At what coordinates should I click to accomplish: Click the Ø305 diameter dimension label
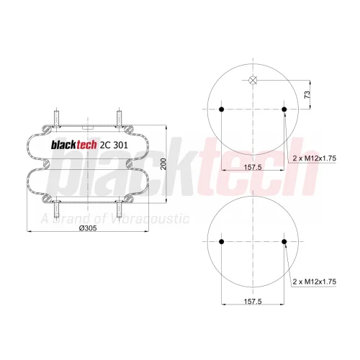pos(88,228)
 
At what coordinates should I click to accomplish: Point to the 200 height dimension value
pos(163,164)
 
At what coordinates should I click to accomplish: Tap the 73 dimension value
pos(307,94)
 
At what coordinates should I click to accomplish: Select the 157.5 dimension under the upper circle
pos(253,167)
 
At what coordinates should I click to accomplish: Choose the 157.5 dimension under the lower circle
pos(253,301)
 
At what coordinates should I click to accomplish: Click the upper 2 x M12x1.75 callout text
pos(315,158)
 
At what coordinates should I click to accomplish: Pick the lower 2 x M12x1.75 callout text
pos(315,282)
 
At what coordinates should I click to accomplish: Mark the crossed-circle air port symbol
pos(253,80)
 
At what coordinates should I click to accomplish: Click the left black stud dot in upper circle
pos(222,109)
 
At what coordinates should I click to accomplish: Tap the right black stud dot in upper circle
pos(284,109)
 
